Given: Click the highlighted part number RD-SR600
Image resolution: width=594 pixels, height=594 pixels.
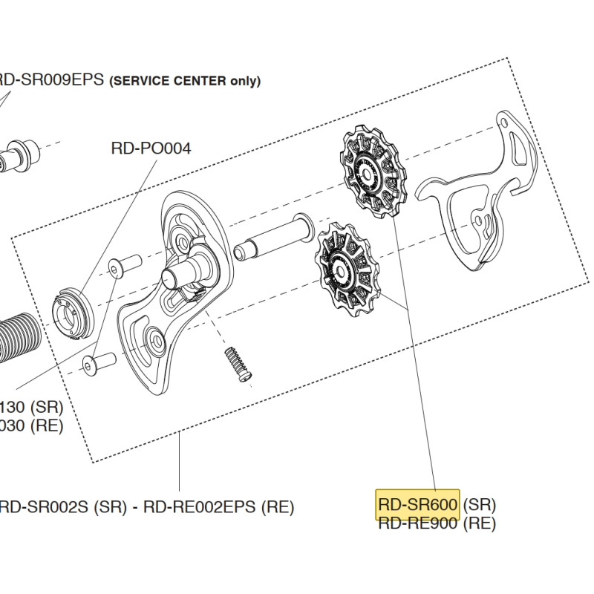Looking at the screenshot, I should click(418, 504).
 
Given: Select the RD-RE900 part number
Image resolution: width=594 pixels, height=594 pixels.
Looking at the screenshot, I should click(418, 523).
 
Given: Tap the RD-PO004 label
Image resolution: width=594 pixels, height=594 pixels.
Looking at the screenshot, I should click(151, 148).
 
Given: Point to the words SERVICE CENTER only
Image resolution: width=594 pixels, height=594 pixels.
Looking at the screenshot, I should click(185, 82).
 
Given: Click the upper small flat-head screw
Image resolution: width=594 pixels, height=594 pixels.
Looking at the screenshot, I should click(124, 265).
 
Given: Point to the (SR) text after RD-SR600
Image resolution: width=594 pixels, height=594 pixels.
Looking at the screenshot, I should click(479, 504).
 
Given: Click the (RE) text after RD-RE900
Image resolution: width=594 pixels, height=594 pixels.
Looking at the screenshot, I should click(479, 523).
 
